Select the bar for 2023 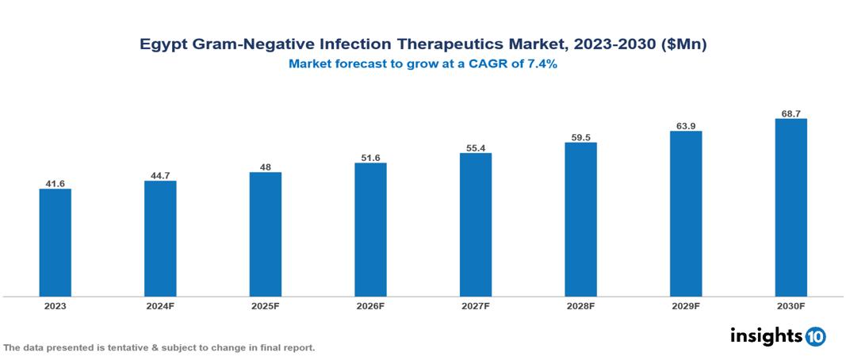coord(56,243)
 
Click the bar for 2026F coord(370,229)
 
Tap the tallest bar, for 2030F coord(790,207)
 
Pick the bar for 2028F coord(580,219)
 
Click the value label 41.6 coord(56,184)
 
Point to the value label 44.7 coord(160,176)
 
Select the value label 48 coord(266,167)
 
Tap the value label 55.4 coord(476,148)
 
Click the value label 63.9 coord(686,126)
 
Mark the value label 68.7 coord(790,114)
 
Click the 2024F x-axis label coord(160,305)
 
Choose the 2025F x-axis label coord(266,305)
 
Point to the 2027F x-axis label coord(476,305)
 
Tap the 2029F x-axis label coord(686,305)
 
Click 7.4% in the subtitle coord(541,64)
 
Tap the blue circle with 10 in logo coord(815,336)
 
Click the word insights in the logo coord(766,335)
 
